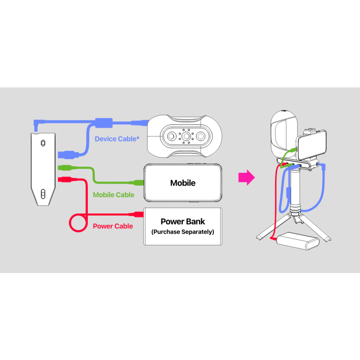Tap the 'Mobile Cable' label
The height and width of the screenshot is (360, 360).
114,195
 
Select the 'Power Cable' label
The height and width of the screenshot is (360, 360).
113,226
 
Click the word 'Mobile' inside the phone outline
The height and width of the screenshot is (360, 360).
183,183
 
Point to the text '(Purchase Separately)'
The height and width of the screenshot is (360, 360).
183,232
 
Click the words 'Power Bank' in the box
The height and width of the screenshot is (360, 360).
183,222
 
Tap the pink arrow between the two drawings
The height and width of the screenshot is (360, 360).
247,178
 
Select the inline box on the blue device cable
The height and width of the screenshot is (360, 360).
103,123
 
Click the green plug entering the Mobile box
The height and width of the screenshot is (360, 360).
137,182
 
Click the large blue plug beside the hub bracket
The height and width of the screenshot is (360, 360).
67,154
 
